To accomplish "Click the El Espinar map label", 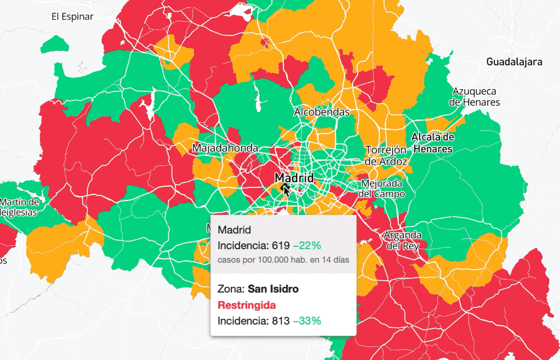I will pos(72,17).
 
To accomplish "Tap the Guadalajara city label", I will pos(514,62).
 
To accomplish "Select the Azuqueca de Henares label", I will pos(474,97).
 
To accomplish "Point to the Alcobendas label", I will pos(322,112).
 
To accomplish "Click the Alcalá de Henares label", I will pos(433,143).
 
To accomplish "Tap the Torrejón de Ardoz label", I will pos(386,155).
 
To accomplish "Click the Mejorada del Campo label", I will pos(382,189).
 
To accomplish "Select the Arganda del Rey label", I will pos(402,240).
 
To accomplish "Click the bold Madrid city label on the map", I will pos(294,178).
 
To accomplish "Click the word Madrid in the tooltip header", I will pos(234,230).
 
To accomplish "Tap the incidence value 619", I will pos(279,246).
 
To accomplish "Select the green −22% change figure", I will pos(307,246).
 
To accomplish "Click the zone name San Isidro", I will pos(273,289).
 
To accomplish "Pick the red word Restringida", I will pos(246,305).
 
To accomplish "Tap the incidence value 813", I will pos(279,321).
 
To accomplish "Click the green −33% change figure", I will pos(307,321).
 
